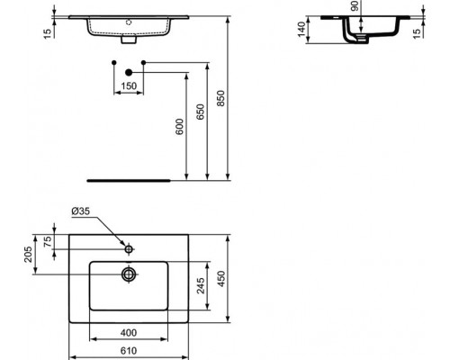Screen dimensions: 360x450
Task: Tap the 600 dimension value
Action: [179, 128]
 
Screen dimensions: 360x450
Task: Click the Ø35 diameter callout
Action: [81, 212]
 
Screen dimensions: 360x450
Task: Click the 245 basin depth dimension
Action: [201, 285]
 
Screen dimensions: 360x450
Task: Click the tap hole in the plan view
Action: [130, 247]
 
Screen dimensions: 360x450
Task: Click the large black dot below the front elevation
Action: [129, 71]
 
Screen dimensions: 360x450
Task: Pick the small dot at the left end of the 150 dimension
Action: [112, 61]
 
